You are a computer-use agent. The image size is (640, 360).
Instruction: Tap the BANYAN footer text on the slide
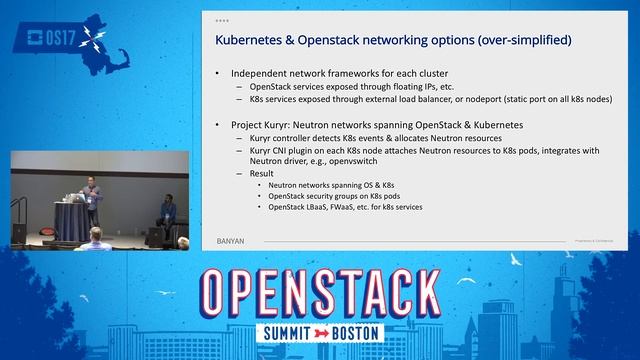232,240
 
